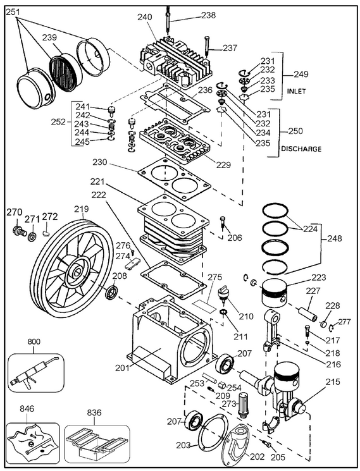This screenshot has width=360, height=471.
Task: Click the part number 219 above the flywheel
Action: [x=82, y=209]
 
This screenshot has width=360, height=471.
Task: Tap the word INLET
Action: [x=296, y=91]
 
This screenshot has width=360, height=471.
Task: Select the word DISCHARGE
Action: [x=301, y=149]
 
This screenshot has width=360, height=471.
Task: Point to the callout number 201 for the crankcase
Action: [x=123, y=368]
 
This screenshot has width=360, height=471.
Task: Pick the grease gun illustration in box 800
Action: [x=34, y=372]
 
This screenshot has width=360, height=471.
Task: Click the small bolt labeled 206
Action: [x=222, y=223]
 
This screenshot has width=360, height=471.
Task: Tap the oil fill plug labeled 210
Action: [x=223, y=295]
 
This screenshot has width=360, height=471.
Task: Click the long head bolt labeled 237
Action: [x=206, y=46]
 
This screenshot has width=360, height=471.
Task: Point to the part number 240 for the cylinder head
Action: [x=145, y=18]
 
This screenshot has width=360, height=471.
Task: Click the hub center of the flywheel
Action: [x=77, y=272]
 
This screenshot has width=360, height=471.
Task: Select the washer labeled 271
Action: [x=31, y=236]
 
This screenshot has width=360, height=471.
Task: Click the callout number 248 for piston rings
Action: [x=335, y=238]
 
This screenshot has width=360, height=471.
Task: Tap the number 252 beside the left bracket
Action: [x=58, y=122]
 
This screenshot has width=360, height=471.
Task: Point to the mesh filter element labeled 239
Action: [x=64, y=71]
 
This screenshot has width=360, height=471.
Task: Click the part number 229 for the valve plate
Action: [x=223, y=165]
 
